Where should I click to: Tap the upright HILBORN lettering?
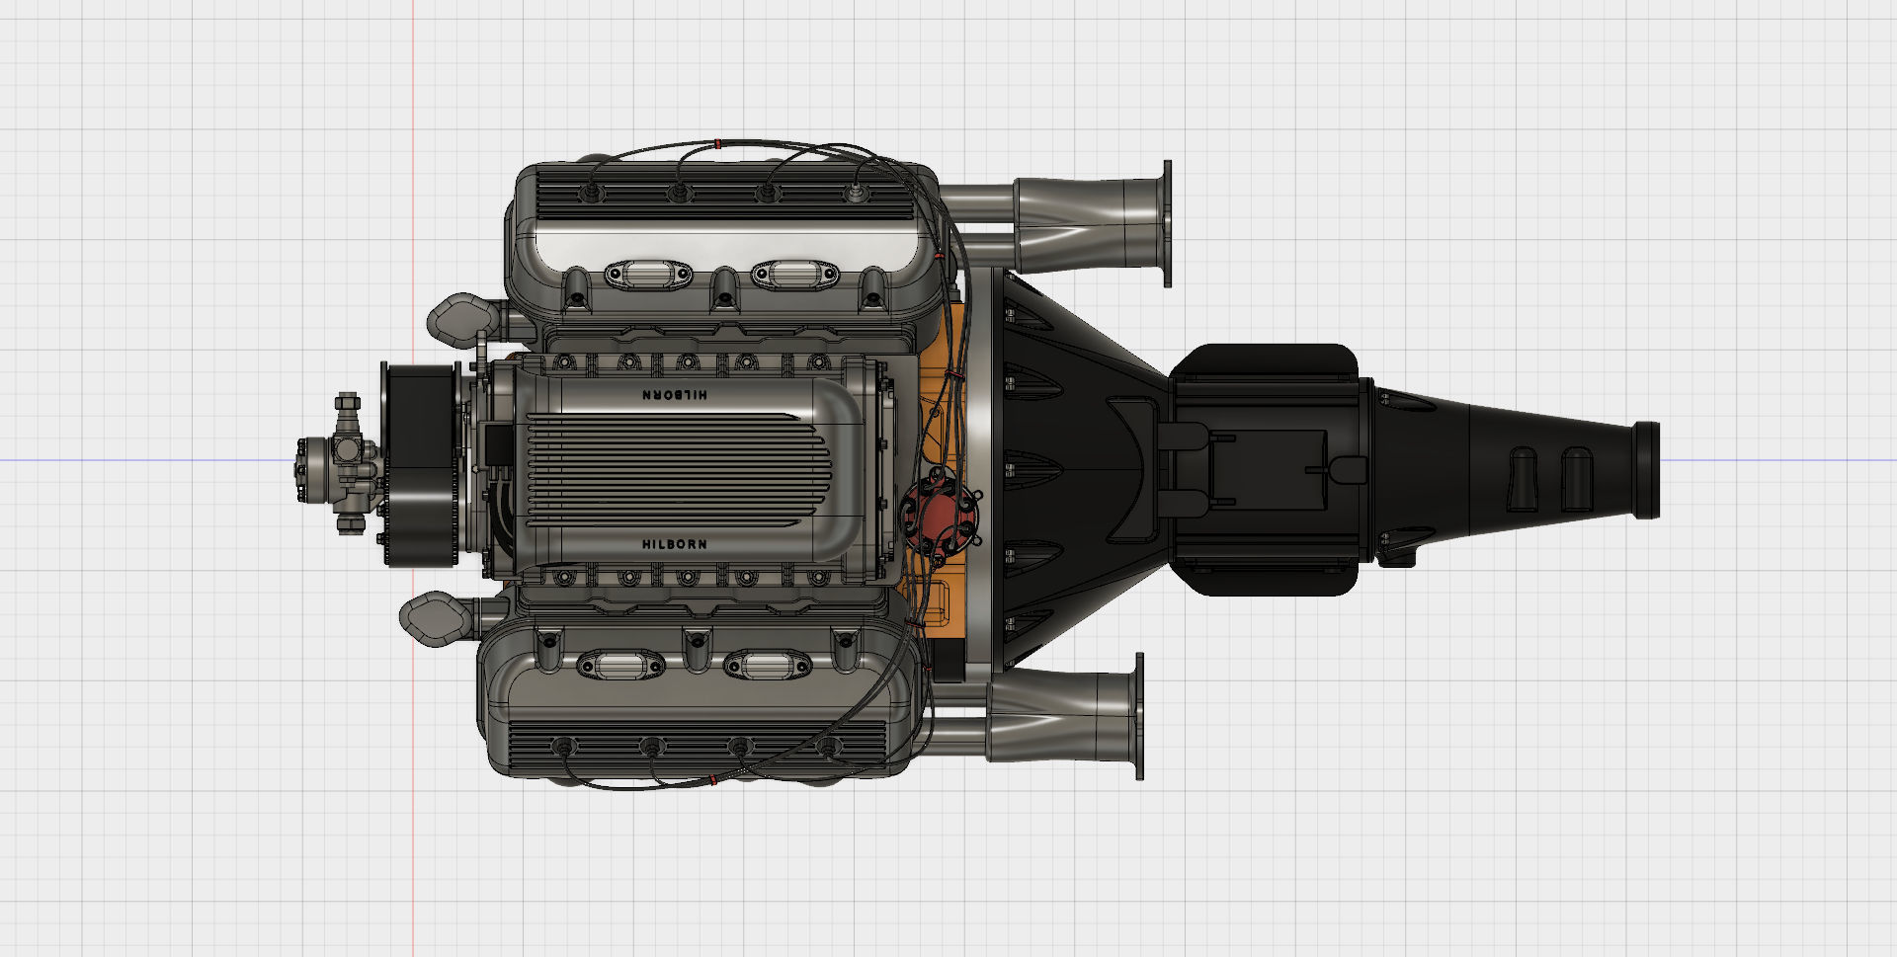tap(675, 544)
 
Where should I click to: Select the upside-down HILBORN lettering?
tap(675, 395)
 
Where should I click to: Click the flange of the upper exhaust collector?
tap(1167, 224)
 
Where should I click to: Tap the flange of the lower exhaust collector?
tap(1139, 716)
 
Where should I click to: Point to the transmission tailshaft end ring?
tap(1647, 469)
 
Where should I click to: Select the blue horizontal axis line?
tap(148, 460)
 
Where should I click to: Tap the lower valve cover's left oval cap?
tap(619, 667)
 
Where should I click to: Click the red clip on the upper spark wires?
tap(718, 143)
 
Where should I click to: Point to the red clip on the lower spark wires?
tap(713, 780)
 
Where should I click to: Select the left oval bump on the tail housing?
tap(1523, 479)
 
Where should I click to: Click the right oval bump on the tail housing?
tap(1576, 479)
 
